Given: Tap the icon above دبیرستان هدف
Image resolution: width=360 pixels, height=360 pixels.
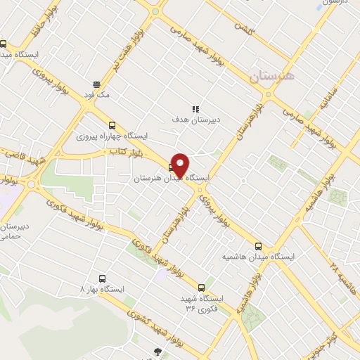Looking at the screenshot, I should (197, 108).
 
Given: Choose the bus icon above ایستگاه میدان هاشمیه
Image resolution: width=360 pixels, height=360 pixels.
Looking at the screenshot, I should (259, 246).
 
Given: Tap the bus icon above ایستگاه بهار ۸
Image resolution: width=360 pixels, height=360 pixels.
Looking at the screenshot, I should (103, 278).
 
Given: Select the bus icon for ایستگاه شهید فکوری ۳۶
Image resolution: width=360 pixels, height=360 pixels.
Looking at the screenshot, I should (202, 287).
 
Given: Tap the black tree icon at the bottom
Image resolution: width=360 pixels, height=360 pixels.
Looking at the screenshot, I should (158, 352).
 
